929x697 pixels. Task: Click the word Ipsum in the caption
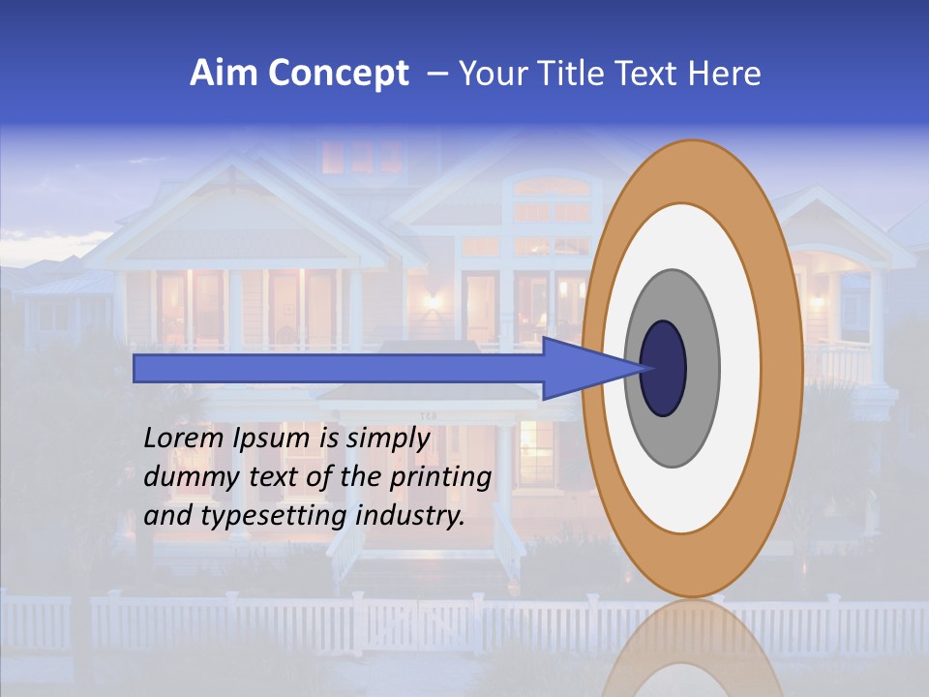tap(273, 439)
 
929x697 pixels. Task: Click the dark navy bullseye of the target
tap(663, 368)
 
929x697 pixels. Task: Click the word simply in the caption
tap(387, 439)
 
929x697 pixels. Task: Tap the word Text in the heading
tap(647, 74)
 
